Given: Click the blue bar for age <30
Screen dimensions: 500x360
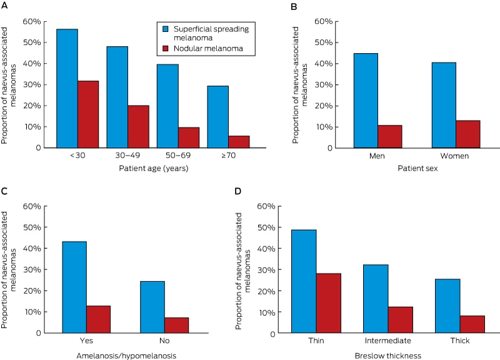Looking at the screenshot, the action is [x=67, y=88].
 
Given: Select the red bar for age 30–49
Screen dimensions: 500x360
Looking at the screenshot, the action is [x=138, y=127].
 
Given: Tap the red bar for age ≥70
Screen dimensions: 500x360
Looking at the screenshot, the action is [x=239, y=142].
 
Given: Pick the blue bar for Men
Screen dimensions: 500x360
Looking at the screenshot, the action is [x=366, y=101].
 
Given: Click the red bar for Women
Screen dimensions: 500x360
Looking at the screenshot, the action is [x=467, y=134].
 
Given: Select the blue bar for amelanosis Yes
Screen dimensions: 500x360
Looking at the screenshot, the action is [x=74, y=287].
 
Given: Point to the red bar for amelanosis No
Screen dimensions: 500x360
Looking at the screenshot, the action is [x=177, y=326].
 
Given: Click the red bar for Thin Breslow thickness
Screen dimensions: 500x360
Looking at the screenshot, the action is [x=329, y=303].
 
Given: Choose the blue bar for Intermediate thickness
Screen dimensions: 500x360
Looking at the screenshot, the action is [x=376, y=299].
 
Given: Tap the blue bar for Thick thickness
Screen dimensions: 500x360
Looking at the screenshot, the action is [x=447, y=306].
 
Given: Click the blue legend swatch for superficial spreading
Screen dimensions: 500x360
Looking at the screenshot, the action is [x=166, y=29].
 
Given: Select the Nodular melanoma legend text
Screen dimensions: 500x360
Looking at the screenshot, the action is [x=208, y=49].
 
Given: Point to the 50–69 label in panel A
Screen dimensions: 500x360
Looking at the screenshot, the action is [x=178, y=156].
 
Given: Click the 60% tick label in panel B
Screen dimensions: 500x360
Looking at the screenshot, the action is [x=323, y=21].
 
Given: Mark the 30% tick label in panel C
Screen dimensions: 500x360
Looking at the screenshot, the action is [x=32, y=270].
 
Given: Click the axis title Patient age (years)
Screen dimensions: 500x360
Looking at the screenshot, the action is [x=154, y=168].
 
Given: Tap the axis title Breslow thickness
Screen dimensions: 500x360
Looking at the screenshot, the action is [x=387, y=356].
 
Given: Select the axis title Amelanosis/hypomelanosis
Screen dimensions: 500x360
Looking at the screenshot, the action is [x=126, y=356].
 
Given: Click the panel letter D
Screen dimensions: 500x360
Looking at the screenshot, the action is [x=238, y=191].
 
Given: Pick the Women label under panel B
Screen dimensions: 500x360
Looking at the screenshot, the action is [x=454, y=156].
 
